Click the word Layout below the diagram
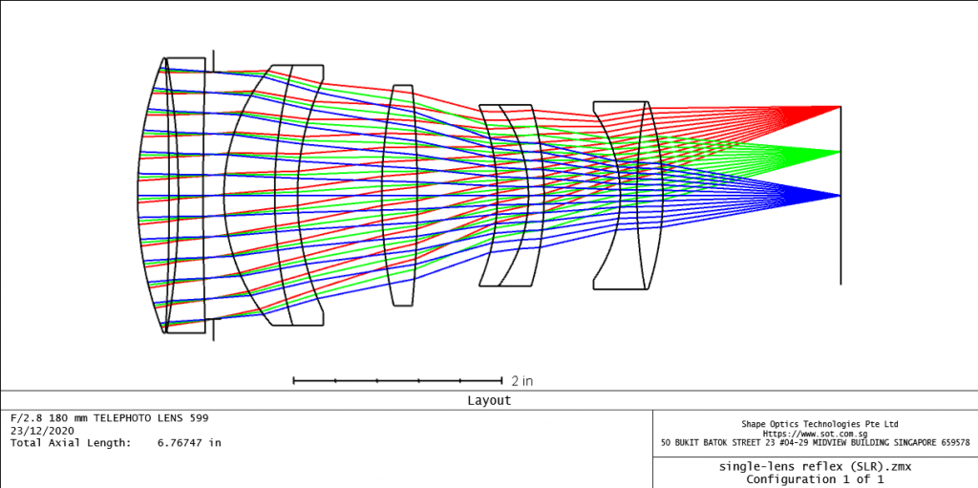click(489, 401)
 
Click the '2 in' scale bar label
click(521, 381)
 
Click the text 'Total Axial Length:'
click(69, 443)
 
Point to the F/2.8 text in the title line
click(26, 418)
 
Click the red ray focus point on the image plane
click(840, 107)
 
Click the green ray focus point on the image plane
click(840, 152)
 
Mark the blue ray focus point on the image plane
click(840, 196)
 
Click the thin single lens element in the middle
click(400, 196)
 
